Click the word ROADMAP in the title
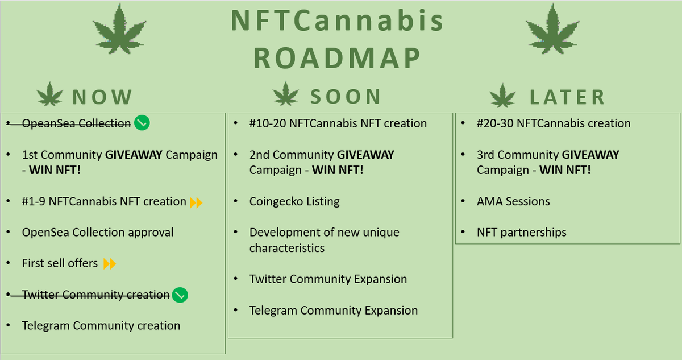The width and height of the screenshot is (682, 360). coord(338,58)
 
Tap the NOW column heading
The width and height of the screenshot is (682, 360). coord(102,97)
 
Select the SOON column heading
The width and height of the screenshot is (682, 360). coord(346,97)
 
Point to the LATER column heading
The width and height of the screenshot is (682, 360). coord(567,97)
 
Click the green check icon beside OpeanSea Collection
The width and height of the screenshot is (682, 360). coord(142,123)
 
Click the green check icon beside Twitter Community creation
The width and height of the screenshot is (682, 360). coord(180,295)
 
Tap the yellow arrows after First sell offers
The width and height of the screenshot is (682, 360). coord(110,264)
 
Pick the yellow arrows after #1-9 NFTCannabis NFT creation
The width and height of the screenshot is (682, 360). coord(196,202)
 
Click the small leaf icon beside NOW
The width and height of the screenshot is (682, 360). coord(50,94)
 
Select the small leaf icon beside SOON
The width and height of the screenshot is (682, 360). coord(285,94)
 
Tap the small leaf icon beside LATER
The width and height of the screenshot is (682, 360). coord(502,96)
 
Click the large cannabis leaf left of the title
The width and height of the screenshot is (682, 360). coord(119,29)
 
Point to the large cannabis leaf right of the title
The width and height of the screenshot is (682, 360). coord(552,29)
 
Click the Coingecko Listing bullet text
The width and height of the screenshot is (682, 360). coord(294,201)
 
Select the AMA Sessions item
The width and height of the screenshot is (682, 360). coord(513,201)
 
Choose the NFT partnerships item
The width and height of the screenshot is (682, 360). coord(522,233)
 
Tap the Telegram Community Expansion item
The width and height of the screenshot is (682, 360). coord(334,311)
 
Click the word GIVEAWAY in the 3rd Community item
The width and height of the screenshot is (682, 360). coord(590,155)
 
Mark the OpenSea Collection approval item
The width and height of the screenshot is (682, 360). coord(98,233)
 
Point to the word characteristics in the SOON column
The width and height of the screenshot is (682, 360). coord(287,248)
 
